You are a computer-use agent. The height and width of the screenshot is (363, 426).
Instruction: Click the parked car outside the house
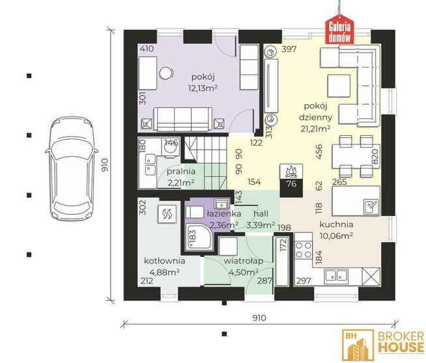click(72, 169)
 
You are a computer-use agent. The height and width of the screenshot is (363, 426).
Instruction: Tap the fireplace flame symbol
click(291, 171)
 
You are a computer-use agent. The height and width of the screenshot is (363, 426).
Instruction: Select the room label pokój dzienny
click(315, 111)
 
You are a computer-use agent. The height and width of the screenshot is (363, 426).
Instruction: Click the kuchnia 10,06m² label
click(336, 230)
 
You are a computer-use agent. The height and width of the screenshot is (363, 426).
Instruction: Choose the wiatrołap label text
click(244, 261)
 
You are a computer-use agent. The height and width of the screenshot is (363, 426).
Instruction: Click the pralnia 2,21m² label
click(181, 177)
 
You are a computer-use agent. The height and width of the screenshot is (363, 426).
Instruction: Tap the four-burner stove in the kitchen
click(304, 250)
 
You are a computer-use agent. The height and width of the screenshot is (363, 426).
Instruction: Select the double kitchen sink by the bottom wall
click(336, 276)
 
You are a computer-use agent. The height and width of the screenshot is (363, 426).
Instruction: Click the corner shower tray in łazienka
click(199, 238)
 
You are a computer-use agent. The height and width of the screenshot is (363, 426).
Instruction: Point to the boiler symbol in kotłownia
click(167, 214)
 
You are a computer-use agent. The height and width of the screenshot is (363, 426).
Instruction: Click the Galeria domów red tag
click(339, 31)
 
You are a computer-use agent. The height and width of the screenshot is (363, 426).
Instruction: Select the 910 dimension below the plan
click(259, 318)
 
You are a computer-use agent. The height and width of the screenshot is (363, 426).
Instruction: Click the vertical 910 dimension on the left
click(105, 165)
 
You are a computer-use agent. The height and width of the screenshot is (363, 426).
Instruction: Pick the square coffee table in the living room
click(339, 86)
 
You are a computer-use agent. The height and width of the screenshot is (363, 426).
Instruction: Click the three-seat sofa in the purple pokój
click(183, 119)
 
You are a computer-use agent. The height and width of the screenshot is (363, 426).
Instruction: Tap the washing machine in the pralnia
click(170, 148)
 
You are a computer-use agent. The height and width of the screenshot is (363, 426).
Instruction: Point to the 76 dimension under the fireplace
click(291, 184)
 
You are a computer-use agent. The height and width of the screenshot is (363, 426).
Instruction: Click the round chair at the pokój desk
click(166, 73)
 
